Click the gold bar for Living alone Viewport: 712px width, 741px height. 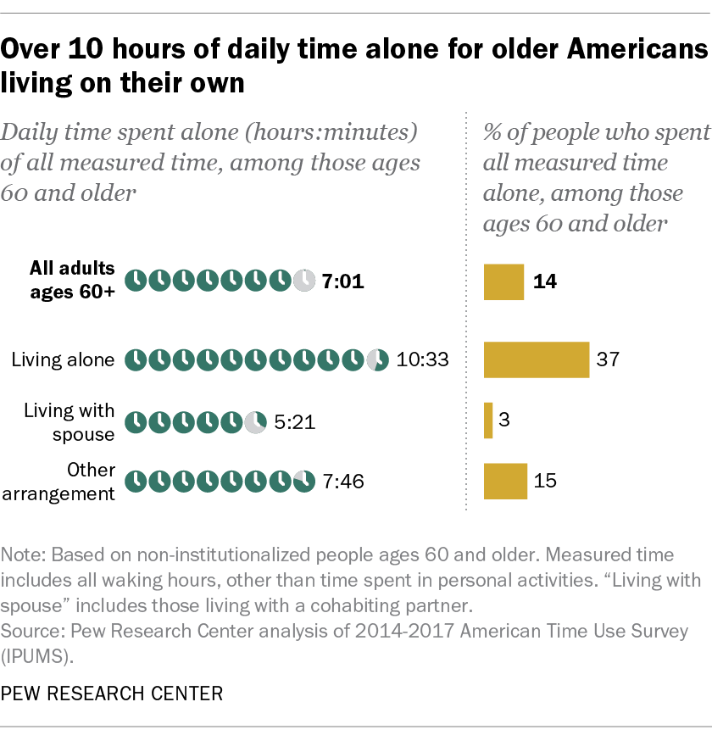(536, 359)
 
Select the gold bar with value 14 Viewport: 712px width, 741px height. (503, 281)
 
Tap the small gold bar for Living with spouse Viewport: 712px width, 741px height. (488, 421)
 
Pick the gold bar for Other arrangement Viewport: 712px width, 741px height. (505, 481)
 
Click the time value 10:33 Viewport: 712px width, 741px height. (421, 360)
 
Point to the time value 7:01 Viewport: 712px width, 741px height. (342, 281)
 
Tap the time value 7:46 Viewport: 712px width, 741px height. (342, 482)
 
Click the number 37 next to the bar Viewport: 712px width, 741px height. (608, 359)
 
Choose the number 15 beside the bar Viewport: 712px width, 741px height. (546, 481)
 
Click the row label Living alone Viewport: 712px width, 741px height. (63, 359)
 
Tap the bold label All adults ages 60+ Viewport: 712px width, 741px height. (72, 281)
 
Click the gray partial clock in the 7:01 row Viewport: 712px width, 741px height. (303, 281)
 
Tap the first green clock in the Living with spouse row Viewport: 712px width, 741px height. (135, 421)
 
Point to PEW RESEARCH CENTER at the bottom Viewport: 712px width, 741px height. (113, 694)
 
